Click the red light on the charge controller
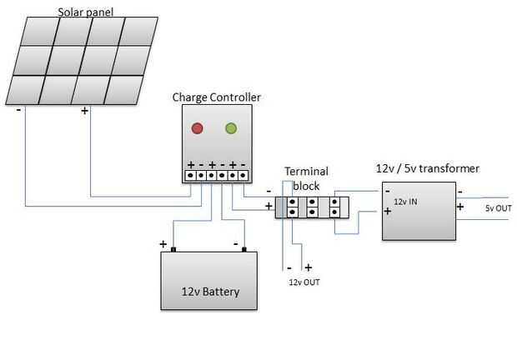pos(198,128)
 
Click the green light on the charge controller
pos(231,128)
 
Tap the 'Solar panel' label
pos(86,12)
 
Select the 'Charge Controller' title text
pos(216,97)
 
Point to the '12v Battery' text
pos(210,292)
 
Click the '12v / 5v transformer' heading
pos(428,168)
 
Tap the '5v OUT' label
pos(499,207)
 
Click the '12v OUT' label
pos(304,282)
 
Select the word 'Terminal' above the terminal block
pos(306,172)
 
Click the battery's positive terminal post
pos(173,249)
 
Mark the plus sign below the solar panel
pos(84,109)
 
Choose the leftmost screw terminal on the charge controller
pos(191,176)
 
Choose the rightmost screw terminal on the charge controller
pos(243,176)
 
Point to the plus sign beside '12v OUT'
pos(308,268)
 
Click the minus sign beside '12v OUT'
pos(289,268)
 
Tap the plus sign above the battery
pos(163,244)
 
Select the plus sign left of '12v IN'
pos(388,212)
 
